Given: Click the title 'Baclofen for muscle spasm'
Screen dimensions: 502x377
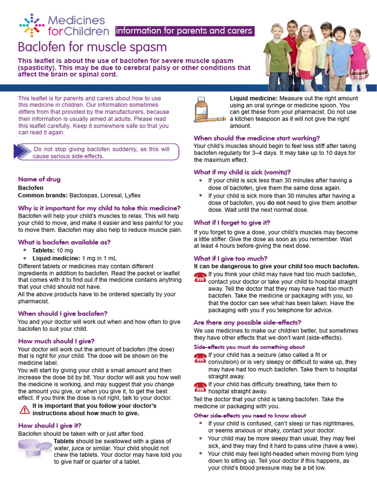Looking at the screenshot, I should pyautogui.click(x=92, y=48).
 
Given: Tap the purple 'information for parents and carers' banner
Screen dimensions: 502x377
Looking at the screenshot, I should pyautogui.click(x=184, y=31).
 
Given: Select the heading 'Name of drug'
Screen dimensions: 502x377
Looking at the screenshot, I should pyautogui.click(x=39, y=179).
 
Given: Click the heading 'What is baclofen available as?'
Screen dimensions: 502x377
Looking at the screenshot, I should pyautogui.click(x=64, y=242).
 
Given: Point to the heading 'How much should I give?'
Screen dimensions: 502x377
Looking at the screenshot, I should pyautogui.click(x=56, y=341).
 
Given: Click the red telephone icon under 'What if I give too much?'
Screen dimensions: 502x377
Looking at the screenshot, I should pyautogui.click(x=200, y=277).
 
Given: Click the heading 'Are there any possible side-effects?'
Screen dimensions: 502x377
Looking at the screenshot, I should pyautogui.click(x=247, y=322).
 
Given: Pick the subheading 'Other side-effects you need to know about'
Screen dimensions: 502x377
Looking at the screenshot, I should pyautogui.click(x=250, y=415).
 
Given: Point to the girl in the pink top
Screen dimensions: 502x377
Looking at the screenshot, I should pyautogui.click(x=359, y=56).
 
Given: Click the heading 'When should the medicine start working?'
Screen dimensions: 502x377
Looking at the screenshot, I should pyautogui.click(x=257, y=138).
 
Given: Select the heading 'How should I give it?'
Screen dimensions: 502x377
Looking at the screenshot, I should pyautogui.click(x=50, y=425).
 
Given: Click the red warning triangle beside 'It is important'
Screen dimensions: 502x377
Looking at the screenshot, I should pyautogui.click(x=25, y=409).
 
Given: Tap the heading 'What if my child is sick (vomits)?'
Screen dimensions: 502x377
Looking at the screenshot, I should pyautogui.click(x=242, y=172).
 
